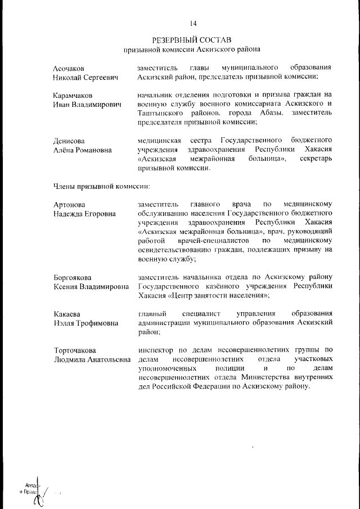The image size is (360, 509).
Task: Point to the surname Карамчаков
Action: [x=73, y=95]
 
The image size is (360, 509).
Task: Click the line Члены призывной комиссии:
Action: [x=101, y=185]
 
